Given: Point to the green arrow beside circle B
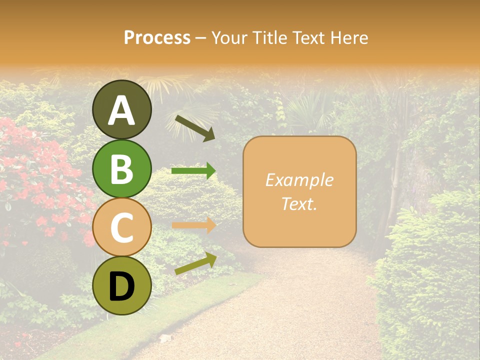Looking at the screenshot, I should click(194, 171).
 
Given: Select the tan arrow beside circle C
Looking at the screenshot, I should click(194, 225).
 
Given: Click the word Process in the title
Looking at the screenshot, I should click(157, 37).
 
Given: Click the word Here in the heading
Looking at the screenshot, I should click(349, 37).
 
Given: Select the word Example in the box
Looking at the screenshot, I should click(299, 180).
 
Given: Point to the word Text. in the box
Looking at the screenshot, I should click(299, 204).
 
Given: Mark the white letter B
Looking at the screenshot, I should click(122, 169).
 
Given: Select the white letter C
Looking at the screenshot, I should click(122, 228).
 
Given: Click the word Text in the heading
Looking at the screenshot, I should click(307, 37).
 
